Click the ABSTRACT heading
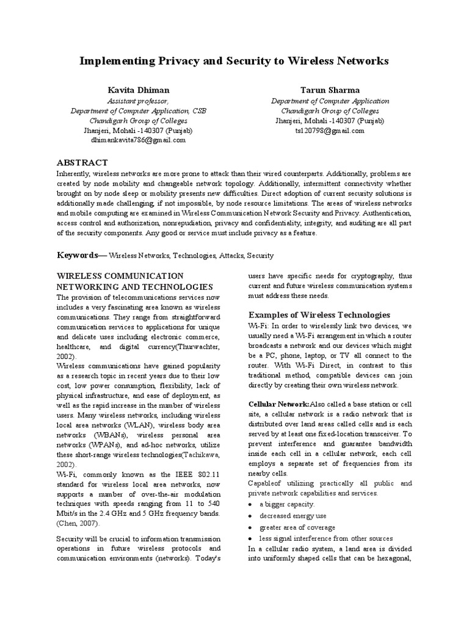tap(82, 162)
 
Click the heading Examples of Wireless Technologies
tap(319, 314)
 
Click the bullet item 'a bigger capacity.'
tap(287, 504)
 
